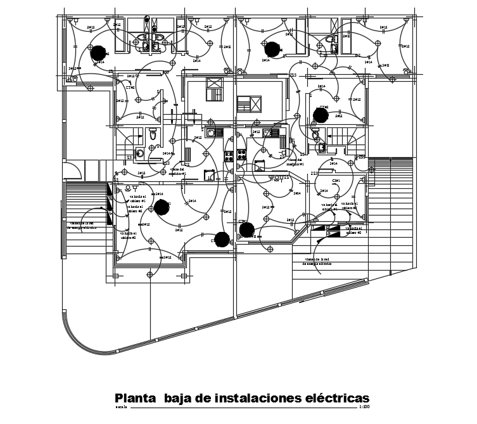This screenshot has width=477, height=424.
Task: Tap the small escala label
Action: click(x=121, y=407)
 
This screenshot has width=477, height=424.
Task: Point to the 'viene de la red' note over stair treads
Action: click(x=83, y=225)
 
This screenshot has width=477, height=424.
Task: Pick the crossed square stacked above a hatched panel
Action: click(x=215, y=83)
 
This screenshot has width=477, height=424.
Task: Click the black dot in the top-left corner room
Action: click(x=98, y=52)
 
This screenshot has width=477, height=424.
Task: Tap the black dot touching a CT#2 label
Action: click(x=321, y=115)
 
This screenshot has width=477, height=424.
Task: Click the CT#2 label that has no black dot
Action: click(x=130, y=87)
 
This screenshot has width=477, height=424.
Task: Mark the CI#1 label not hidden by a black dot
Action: click(x=335, y=181)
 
